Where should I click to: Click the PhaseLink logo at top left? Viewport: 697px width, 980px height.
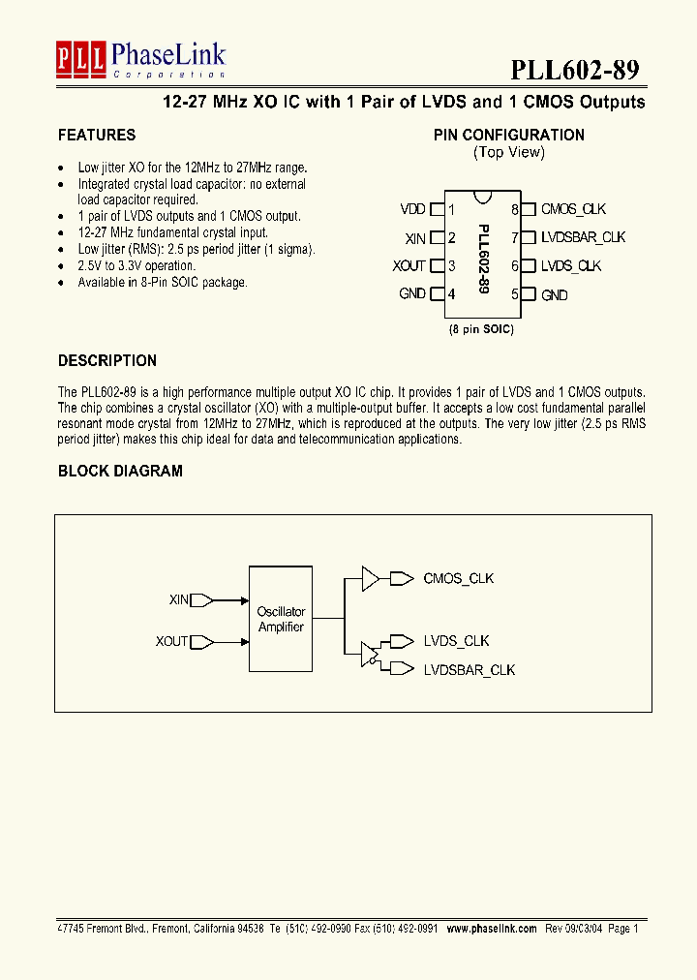[140, 60]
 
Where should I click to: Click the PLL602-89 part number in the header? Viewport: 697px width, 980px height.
[574, 70]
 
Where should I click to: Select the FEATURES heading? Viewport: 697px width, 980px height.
[97, 136]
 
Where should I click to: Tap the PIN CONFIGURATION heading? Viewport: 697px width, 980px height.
[508, 136]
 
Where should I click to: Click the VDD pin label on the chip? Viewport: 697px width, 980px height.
[412, 209]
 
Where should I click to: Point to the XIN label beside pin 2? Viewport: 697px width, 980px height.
[415, 237]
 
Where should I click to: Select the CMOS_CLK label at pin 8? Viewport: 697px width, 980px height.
[573, 209]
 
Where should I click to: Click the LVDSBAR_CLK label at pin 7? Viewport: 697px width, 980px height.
[583, 237]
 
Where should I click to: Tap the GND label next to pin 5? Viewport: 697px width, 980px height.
[555, 294]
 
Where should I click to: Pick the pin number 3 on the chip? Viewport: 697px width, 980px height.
[452, 266]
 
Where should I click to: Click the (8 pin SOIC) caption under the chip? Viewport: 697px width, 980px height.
[481, 329]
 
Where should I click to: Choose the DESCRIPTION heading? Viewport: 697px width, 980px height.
[107, 361]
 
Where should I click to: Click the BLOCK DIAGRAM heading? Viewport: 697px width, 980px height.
[120, 472]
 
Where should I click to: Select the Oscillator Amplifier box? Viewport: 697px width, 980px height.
[281, 619]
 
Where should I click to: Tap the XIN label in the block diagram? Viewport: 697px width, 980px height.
[179, 600]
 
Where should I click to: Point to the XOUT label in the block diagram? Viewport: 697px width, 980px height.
[171, 641]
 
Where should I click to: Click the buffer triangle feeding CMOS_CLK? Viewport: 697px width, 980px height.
[370, 579]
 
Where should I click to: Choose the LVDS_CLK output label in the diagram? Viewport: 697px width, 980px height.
[456, 641]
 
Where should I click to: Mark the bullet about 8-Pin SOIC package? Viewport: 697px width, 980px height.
[163, 283]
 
